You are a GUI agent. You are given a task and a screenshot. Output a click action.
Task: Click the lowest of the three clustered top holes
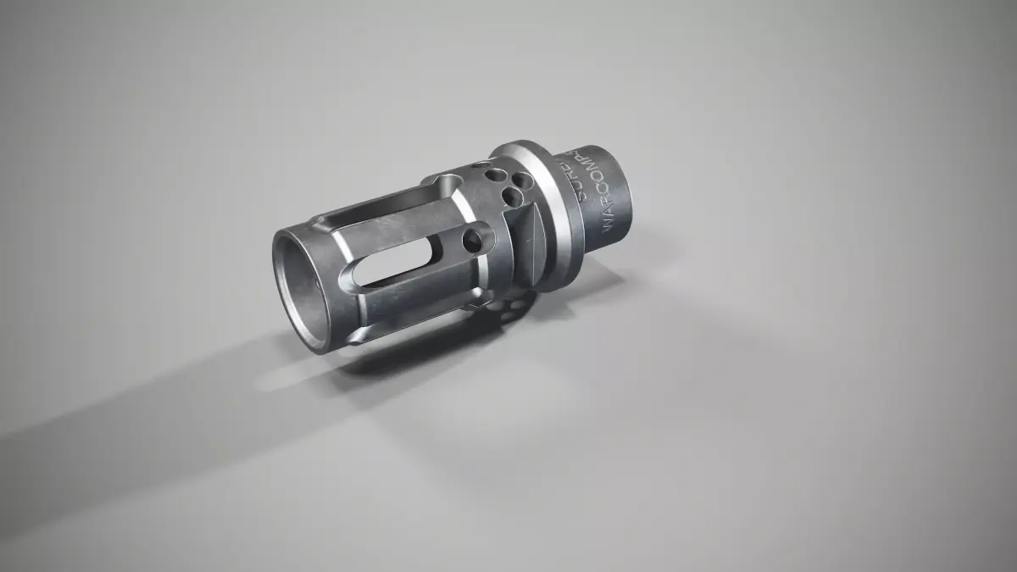511,197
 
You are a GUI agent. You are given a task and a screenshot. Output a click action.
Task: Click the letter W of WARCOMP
608,225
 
